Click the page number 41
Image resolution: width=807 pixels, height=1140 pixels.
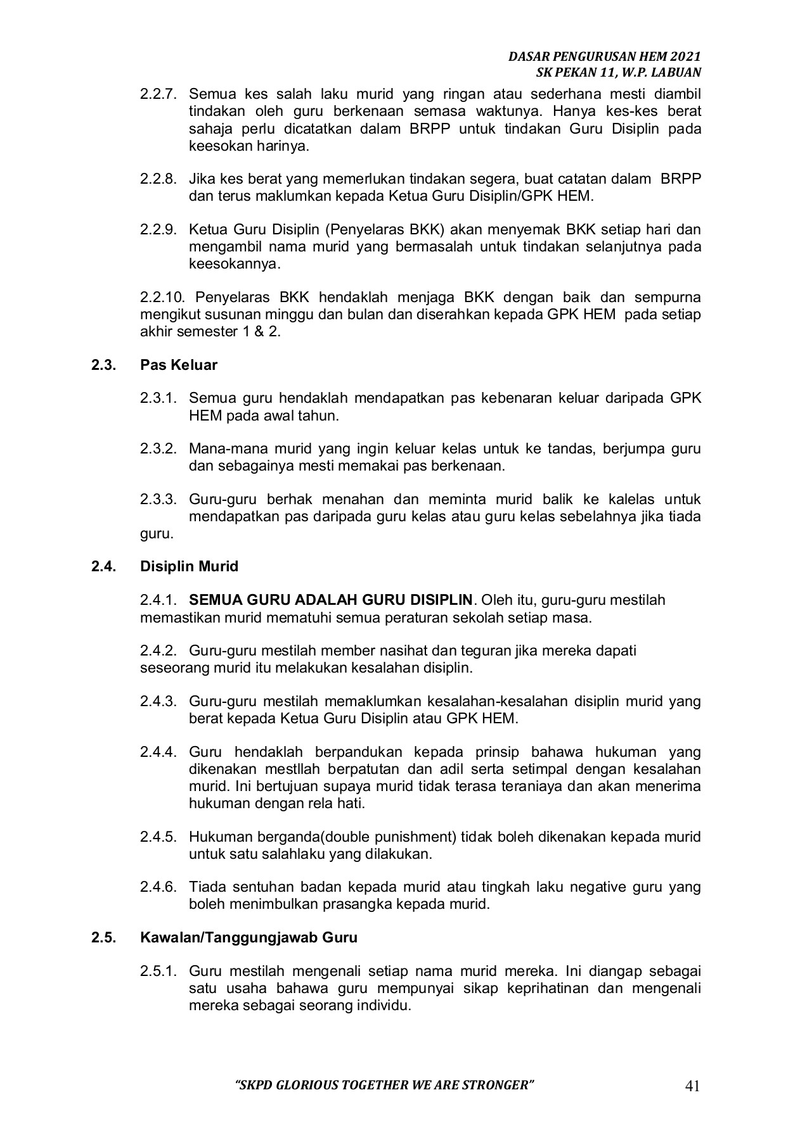coord(692,1086)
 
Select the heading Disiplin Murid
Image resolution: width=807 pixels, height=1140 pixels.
coord(189,566)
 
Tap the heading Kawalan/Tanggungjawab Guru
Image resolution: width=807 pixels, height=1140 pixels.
coord(249,937)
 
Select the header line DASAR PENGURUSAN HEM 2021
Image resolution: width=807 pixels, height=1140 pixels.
coord(605,57)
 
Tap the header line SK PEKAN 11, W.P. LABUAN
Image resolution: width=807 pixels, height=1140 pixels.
coord(618,73)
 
